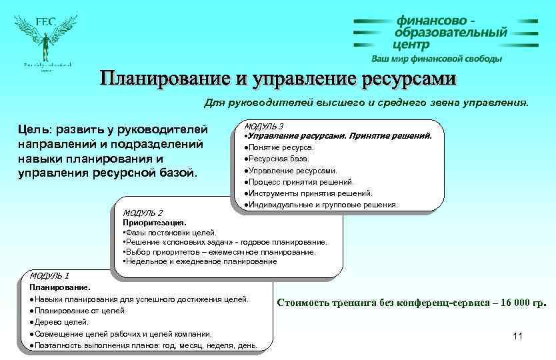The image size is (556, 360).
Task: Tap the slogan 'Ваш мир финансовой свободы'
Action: (x=437, y=59)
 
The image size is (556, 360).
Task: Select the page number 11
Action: (x=518, y=335)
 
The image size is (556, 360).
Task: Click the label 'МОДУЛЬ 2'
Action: (x=143, y=213)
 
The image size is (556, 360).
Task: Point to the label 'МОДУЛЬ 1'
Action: (x=49, y=275)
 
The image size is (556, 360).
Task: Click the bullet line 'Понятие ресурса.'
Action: (x=279, y=147)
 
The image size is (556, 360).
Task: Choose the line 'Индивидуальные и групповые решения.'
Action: (x=321, y=205)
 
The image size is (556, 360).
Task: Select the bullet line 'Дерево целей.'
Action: (x=59, y=322)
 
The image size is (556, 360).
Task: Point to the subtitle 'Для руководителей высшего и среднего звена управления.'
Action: (x=365, y=103)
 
